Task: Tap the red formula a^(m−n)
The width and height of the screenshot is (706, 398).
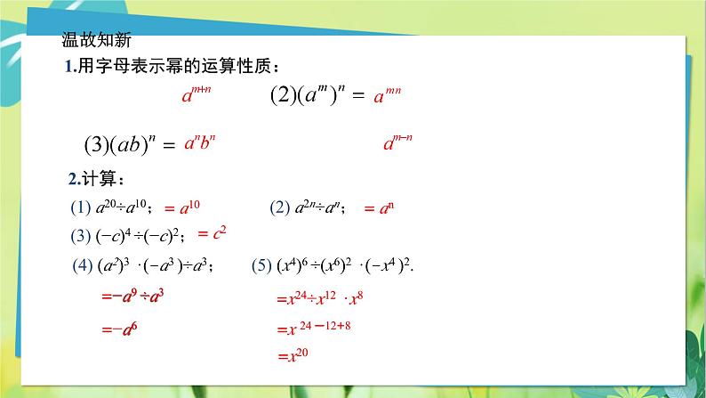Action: (x=398, y=142)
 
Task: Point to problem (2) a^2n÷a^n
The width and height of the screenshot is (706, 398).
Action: (x=308, y=208)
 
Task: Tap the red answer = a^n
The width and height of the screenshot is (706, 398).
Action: (x=379, y=208)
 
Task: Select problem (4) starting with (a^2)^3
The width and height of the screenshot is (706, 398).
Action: (x=147, y=264)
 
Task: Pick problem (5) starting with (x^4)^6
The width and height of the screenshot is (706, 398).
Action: (x=333, y=264)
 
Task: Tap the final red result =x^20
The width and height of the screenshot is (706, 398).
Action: (x=292, y=356)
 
